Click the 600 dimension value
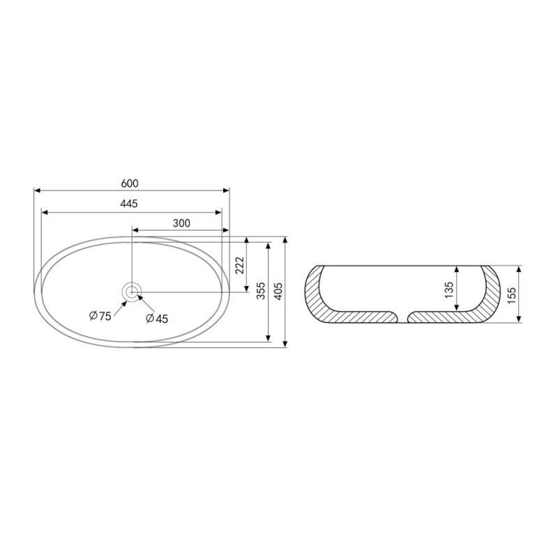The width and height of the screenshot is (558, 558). pos(130,183)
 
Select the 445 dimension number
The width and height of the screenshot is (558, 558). pos(129,204)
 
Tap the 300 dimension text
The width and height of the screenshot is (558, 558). pos(181,223)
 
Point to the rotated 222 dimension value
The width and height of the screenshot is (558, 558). pos(240,265)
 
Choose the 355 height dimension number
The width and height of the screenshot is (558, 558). pos(261,291)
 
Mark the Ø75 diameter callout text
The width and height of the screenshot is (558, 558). pos(100,316)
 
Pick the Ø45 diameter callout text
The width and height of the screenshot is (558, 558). pos(156,319)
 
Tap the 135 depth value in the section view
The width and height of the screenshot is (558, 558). pos(448,290)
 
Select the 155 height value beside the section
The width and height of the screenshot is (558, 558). pos(511,295)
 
